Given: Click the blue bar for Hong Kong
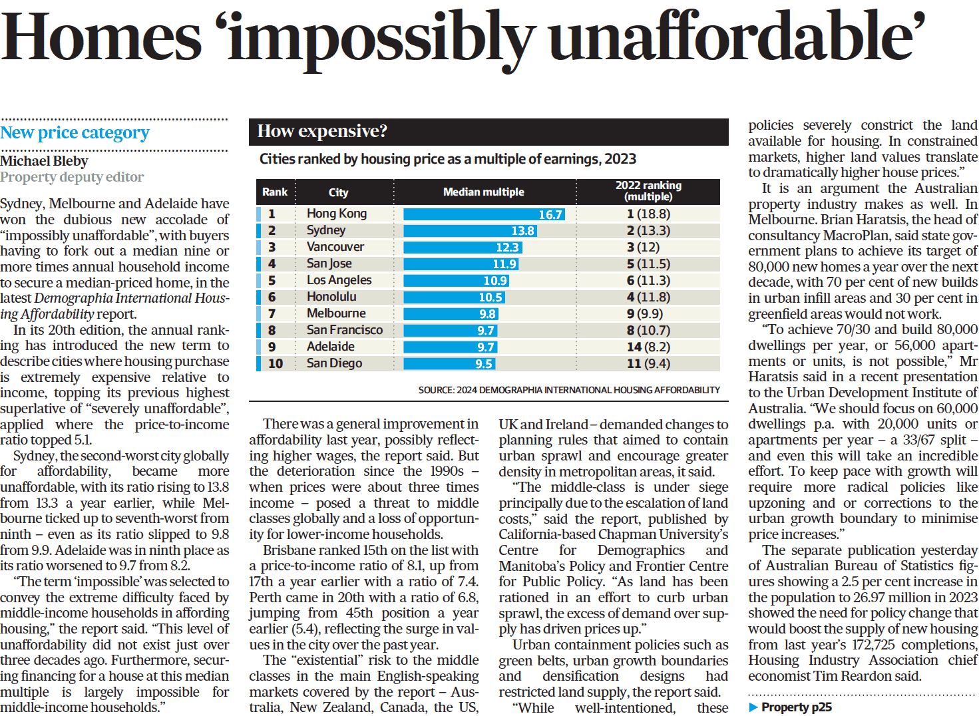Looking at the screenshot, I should tap(484, 214).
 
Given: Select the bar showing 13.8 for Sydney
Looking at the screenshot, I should tap(470, 231).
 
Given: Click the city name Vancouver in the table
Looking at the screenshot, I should tap(335, 247).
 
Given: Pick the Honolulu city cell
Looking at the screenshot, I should tap(331, 297).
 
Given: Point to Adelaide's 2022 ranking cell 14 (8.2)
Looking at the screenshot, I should tap(648, 347).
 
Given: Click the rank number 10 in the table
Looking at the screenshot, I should tap(275, 364).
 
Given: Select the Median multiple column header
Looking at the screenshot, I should tap(484, 192).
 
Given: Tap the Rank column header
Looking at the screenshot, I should tap(274, 192).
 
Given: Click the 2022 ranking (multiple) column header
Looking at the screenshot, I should tap(648, 191).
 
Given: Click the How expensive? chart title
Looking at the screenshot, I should tap(322, 131).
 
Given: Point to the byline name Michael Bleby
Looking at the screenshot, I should tap(44, 161).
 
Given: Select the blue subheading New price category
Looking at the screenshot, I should tap(75, 132).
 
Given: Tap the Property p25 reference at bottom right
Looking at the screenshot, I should tap(796, 707).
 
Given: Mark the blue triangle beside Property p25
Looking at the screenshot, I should tap(753, 707).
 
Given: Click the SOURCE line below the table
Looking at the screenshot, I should tap(569, 390).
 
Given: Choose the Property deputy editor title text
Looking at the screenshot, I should tap(72, 177).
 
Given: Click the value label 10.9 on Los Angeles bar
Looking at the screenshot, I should tap(495, 281).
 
